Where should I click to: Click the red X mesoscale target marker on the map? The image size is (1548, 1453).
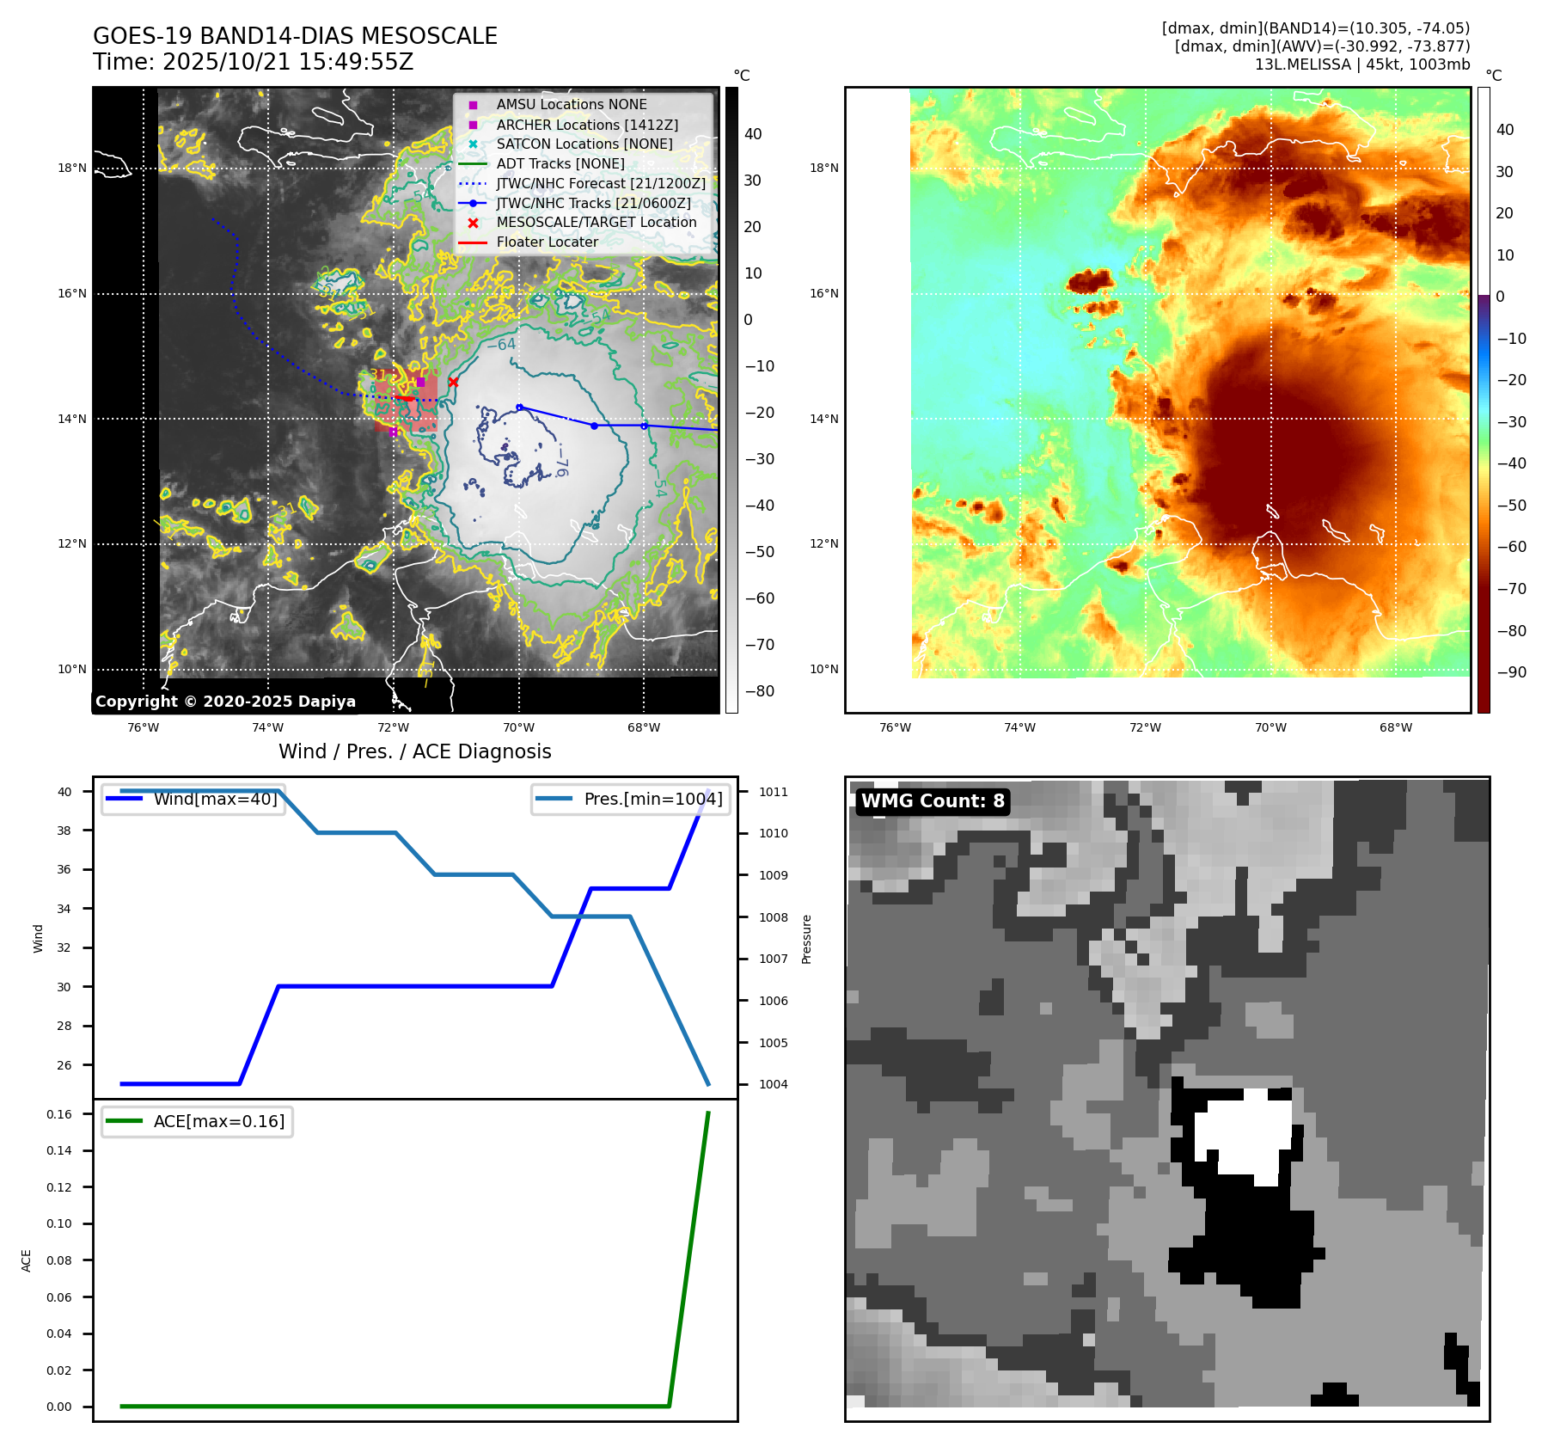click(453, 383)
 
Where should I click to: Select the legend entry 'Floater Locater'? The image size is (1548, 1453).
click(547, 242)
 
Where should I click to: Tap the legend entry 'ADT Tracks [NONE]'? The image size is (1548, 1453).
click(560, 164)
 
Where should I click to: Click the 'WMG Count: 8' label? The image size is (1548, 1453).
click(933, 801)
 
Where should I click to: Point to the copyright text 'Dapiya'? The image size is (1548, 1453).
click(327, 702)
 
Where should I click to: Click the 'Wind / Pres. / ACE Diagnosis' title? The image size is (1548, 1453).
click(414, 751)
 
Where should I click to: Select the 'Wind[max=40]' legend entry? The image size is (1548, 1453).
click(215, 800)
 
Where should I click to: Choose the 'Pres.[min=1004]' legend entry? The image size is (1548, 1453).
click(652, 800)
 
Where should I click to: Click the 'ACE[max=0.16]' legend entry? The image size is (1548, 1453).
click(218, 1122)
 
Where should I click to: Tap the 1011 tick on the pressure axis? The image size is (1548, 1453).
click(773, 792)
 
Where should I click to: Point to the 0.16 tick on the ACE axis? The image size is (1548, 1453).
click(59, 1114)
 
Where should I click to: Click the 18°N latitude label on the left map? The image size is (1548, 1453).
click(72, 169)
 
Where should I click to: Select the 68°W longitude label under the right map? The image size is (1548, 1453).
click(1395, 728)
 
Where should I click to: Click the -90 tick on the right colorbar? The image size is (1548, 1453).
click(1511, 672)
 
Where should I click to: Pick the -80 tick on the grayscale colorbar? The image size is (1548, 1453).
click(759, 691)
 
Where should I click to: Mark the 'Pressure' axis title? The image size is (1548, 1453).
click(806, 939)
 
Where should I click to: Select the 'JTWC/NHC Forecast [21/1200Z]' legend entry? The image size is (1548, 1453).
click(600, 184)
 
